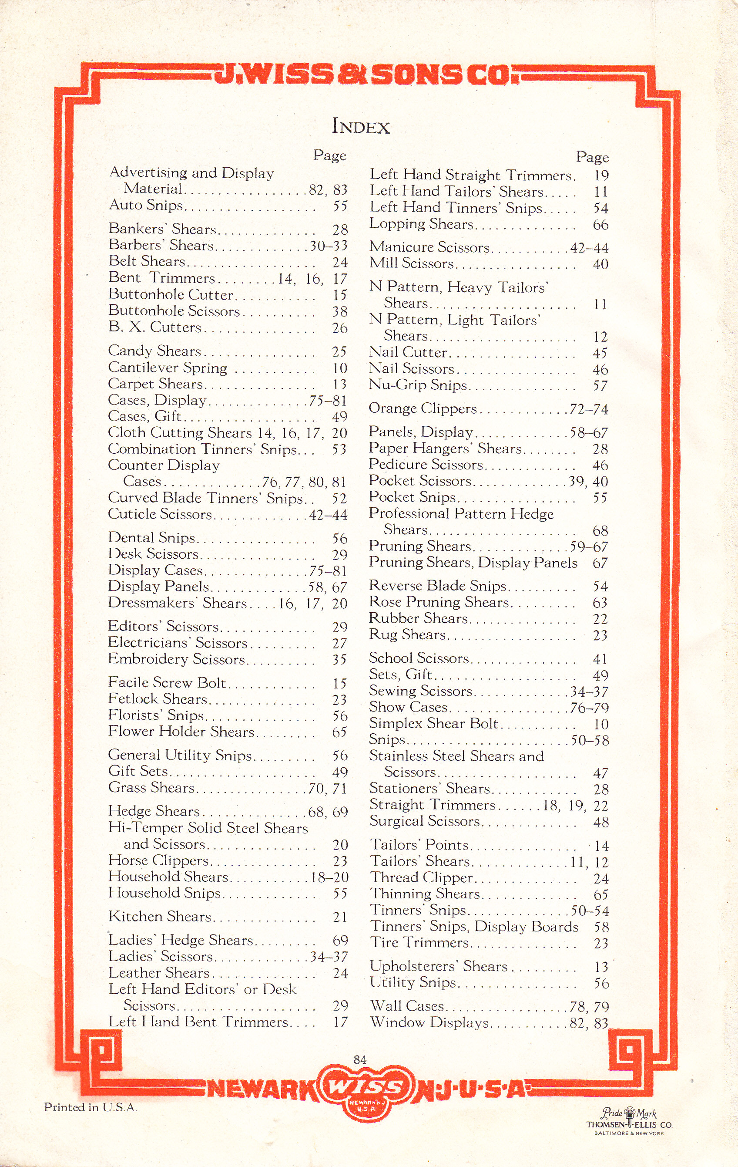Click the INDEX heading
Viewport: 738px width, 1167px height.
pyautogui.click(x=361, y=126)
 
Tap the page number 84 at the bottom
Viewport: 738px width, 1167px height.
pyautogui.click(x=360, y=1059)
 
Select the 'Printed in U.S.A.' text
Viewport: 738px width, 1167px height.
pyautogui.click(x=91, y=1107)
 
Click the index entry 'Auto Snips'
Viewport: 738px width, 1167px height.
pyautogui.click(x=146, y=206)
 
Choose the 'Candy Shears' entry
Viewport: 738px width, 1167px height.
pyautogui.click(x=154, y=351)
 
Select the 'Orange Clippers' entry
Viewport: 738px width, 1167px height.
pyautogui.click(x=423, y=409)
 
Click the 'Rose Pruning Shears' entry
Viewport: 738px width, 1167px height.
pyautogui.click(x=439, y=602)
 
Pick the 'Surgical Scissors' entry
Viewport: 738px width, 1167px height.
pyautogui.click(x=424, y=821)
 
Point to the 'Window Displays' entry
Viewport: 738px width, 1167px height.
pyautogui.click(x=429, y=1022)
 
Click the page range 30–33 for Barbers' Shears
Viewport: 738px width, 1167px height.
pyautogui.click(x=329, y=246)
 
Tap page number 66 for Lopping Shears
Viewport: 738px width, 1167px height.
pyautogui.click(x=600, y=225)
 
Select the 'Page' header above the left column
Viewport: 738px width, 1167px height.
pyautogui.click(x=330, y=155)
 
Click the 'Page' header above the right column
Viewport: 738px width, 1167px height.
pyautogui.click(x=592, y=157)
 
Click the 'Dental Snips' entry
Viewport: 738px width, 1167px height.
pyautogui.click(x=151, y=538)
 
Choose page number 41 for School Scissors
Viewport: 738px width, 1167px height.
pyautogui.click(x=600, y=659)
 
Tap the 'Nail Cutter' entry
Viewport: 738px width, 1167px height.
pyautogui.click(x=408, y=352)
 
